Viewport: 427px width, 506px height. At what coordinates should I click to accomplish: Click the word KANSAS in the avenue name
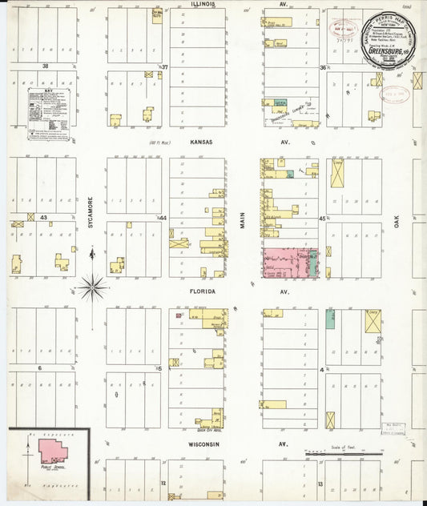[201, 139]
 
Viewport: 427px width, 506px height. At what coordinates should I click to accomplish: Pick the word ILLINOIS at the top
[204, 4]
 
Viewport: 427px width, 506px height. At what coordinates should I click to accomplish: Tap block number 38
[46, 66]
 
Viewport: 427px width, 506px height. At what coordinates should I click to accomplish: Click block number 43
[45, 218]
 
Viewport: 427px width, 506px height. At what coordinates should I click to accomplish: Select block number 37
[164, 66]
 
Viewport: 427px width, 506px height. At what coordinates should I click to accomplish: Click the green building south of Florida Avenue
[330, 319]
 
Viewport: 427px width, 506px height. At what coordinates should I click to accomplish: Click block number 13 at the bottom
[319, 484]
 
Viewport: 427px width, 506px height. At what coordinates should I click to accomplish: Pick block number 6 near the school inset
[38, 368]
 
